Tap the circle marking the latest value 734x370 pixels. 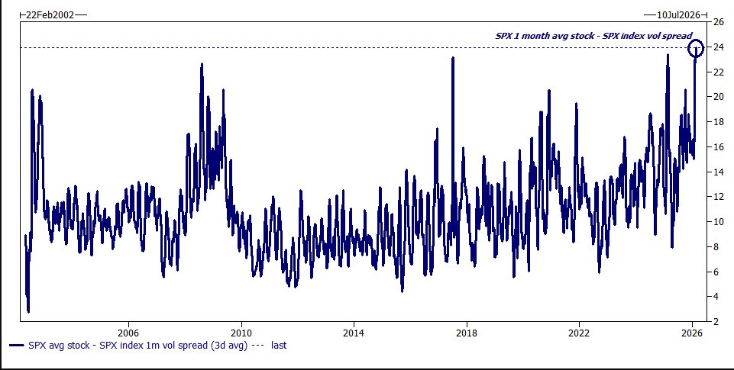696,49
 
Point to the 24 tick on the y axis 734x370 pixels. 719,47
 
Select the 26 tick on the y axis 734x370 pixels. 719,22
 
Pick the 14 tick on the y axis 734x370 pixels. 719,172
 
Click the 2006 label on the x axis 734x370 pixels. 128,333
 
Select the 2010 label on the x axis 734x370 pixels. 241,333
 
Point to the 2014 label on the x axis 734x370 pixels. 354,333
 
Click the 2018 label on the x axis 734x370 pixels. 467,333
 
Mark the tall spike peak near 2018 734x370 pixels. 452,58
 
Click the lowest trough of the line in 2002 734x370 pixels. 28,310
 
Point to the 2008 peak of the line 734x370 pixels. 202,64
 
